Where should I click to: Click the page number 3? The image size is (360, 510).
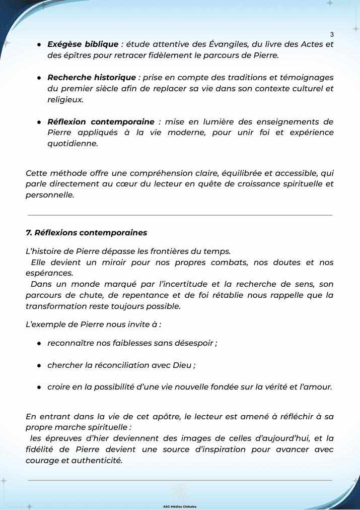click(x=332, y=35)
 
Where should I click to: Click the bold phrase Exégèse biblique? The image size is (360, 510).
click(x=83, y=44)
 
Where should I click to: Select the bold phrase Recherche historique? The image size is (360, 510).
click(x=92, y=78)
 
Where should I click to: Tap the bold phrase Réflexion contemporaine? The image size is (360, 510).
click(x=101, y=122)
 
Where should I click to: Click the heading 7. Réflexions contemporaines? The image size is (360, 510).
click(x=86, y=233)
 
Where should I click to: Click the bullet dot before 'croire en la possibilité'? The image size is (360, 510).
click(x=39, y=388)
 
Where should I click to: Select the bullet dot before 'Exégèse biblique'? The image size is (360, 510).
click(x=39, y=45)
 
